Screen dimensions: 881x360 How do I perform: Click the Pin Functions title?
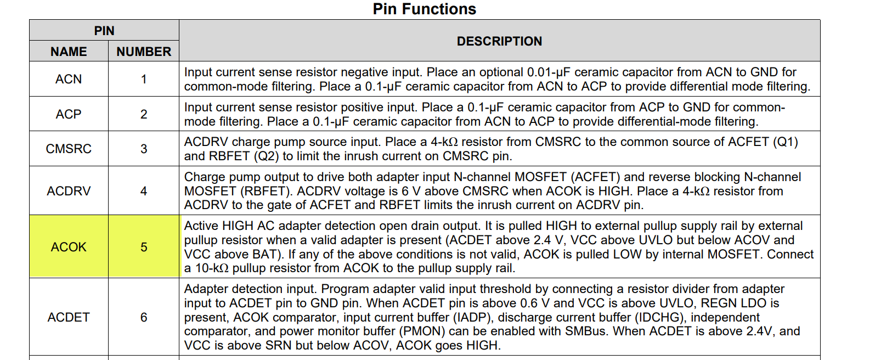[x=425, y=9]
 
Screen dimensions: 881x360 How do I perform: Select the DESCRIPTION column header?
[x=500, y=41]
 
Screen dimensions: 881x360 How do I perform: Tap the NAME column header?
[x=69, y=52]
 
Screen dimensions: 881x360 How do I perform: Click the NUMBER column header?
[x=144, y=52]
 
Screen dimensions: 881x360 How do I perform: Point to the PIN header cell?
[x=104, y=31]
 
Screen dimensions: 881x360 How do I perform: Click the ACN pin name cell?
[x=69, y=79]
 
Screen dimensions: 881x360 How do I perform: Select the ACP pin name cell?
[x=69, y=114]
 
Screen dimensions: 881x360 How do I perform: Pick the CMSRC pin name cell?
[x=69, y=149]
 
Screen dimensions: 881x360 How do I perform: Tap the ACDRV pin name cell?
[x=69, y=191]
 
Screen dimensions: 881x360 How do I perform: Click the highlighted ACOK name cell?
[x=69, y=247]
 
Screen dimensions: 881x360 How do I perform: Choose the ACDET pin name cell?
[x=69, y=317]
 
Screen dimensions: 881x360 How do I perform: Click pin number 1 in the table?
[x=144, y=79]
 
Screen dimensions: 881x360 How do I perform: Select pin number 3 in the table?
[x=144, y=149]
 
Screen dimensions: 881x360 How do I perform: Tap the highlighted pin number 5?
[x=144, y=247]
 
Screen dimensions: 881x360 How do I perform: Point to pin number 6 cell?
[x=144, y=317]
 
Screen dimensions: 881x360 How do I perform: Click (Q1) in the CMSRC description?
[x=785, y=142]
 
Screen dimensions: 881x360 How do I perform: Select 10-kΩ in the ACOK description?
[x=212, y=268]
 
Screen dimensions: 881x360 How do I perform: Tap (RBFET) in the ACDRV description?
[x=266, y=191]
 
